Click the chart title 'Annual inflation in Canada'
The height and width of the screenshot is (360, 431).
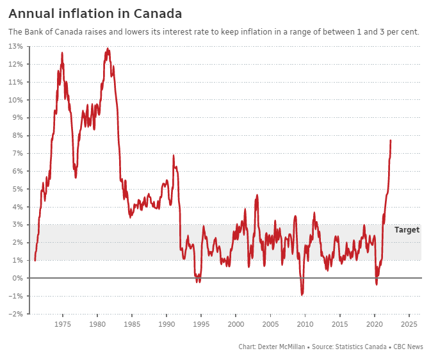click(x=95, y=13)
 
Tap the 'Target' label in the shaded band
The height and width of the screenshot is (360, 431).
click(x=407, y=229)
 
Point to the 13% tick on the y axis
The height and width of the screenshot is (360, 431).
click(x=16, y=46)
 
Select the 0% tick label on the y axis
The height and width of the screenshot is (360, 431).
click(x=18, y=278)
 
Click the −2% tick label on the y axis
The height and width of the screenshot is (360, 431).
click(x=16, y=314)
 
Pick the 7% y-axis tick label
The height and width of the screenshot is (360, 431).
click(x=18, y=153)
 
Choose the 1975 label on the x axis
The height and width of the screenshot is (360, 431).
click(x=63, y=324)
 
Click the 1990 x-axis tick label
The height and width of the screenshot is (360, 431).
click(x=167, y=324)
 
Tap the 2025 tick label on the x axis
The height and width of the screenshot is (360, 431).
click(x=409, y=324)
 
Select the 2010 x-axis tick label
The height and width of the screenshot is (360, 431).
click(x=305, y=324)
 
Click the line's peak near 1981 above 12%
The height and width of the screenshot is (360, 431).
click(x=108, y=48)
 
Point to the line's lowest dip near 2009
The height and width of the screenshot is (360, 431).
click(x=302, y=295)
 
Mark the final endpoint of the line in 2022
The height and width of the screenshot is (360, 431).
click(x=391, y=140)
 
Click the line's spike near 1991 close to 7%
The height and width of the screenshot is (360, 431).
click(x=174, y=155)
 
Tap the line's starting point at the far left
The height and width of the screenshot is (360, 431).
click(x=35, y=260)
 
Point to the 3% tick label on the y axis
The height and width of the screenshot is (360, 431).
click(x=18, y=225)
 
